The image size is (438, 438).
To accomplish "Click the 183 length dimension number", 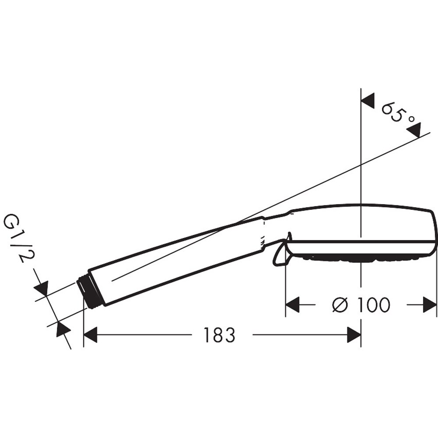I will point(219,336).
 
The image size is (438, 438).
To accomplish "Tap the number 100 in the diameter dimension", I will point(372,305).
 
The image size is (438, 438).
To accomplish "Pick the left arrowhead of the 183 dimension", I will point(90,336).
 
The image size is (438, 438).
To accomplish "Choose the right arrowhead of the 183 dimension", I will point(354,336).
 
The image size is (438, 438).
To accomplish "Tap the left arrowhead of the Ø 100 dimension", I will point(292,305).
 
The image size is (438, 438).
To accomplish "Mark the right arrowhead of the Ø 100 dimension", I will point(430,305).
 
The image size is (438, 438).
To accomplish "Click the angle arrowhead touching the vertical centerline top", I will point(368,100).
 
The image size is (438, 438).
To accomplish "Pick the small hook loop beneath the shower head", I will point(279,257).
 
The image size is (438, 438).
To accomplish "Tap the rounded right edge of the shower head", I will point(434,232).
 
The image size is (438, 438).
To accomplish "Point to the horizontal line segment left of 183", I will point(145,336).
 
